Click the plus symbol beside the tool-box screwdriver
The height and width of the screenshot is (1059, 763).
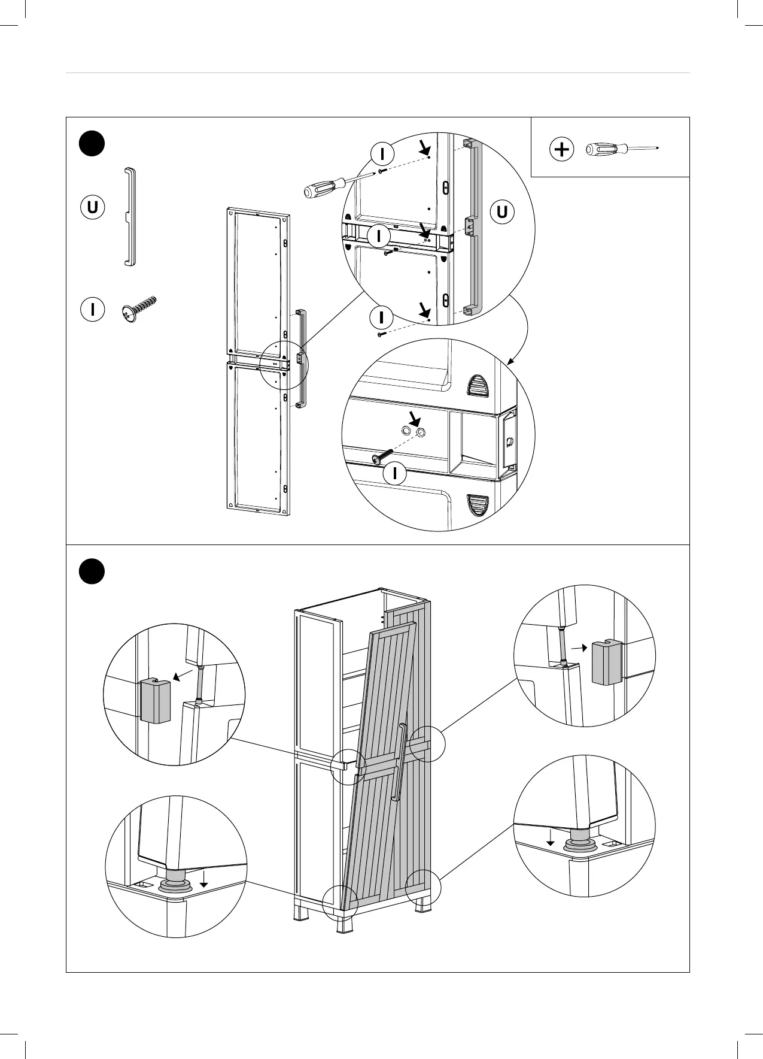pos(561,149)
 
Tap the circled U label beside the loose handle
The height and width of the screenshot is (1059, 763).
pos(93,207)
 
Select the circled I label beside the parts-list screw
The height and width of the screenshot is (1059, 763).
pos(93,310)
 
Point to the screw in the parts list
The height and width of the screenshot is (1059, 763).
pos(139,309)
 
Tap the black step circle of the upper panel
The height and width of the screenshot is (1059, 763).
pos(92,144)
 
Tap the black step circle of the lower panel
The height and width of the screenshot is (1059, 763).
pos(92,570)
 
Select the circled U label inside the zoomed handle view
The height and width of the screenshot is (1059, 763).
pos(502,211)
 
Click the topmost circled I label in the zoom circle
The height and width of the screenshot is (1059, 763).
pos(382,154)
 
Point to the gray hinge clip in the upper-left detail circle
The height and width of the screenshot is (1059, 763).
pos(155,701)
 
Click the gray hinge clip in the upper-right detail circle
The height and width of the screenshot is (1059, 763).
pos(607,662)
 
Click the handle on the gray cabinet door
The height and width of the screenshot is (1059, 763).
pos(399,762)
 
